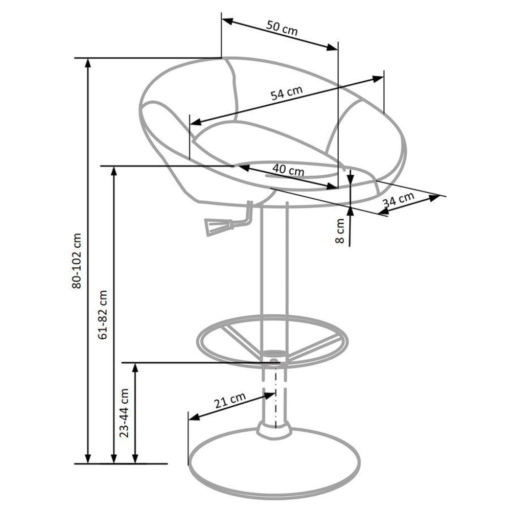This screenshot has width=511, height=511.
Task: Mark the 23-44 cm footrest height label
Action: pyautogui.click(x=124, y=412)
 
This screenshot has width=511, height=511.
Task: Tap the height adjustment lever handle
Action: pyautogui.click(x=215, y=226)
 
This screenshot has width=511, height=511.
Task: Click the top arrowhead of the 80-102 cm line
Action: pyautogui.click(x=88, y=62)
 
